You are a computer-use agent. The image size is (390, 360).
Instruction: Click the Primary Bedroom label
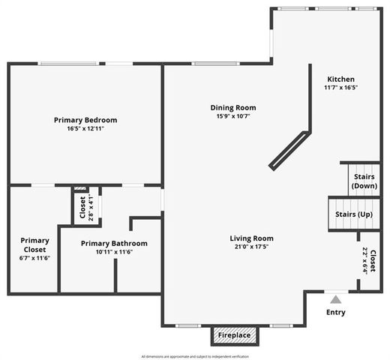click(x=85, y=119)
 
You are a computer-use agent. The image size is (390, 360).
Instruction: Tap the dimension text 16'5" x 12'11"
click(x=85, y=129)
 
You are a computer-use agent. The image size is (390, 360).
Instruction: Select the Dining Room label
click(x=233, y=107)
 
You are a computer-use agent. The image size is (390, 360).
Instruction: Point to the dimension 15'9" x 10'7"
click(x=233, y=116)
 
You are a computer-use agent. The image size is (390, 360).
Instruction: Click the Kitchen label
click(x=340, y=79)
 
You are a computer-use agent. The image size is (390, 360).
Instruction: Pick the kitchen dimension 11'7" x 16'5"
click(x=340, y=88)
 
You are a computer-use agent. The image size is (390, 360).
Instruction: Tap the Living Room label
click(x=251, y=238)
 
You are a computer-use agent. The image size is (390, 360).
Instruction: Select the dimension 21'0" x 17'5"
click(x=251, y=247)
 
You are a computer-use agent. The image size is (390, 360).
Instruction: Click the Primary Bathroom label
click(x=114, y=243)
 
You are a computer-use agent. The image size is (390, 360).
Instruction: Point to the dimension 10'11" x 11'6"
click(x=114, y=252)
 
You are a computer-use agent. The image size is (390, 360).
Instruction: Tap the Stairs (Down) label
click(x=364, y=181)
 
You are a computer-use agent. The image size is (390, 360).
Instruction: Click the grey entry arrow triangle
click(x=335, y=298)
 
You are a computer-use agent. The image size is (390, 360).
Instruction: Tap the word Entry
click(x=335, y=312)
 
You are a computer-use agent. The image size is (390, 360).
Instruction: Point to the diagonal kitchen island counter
click(x=289, y=151)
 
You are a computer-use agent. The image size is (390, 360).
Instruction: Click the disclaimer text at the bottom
click(x=194, y=355)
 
